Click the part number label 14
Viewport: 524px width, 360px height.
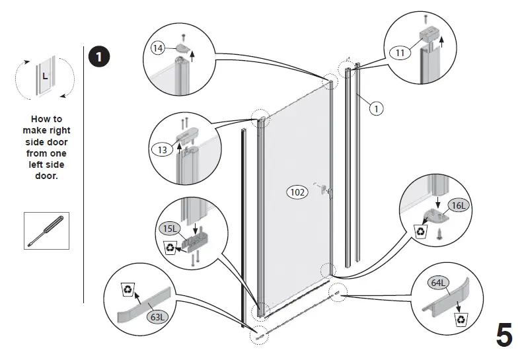point(158,48)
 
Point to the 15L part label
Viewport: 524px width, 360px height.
point(169,229)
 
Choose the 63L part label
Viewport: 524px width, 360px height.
point(157,316)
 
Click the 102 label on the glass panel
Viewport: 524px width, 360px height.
point(297,192)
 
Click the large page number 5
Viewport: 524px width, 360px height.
point(504,336)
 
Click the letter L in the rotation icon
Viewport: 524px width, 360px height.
point(44,76)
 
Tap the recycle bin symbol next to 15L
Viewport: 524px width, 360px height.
point(170,248)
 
